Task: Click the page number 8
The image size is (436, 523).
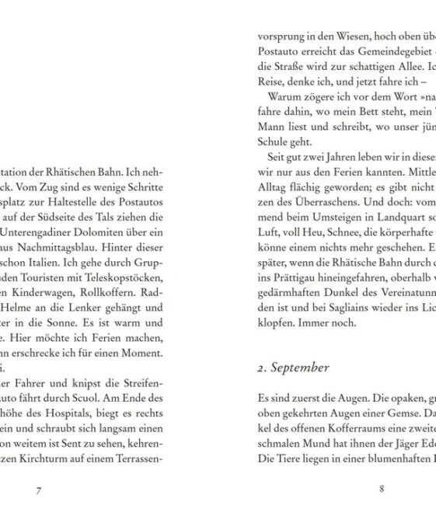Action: (382, 490)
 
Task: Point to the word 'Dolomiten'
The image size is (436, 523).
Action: (107, 232)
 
